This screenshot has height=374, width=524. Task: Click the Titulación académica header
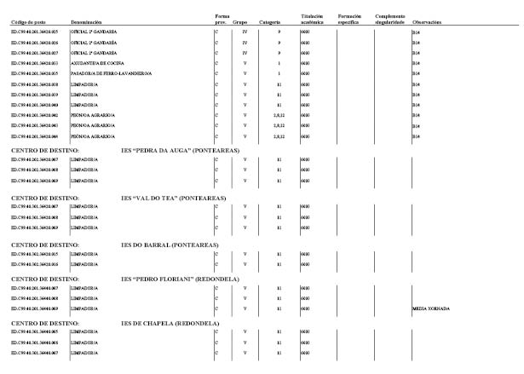(x=313, y=18)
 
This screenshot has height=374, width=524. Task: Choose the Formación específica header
(x=349, y=18)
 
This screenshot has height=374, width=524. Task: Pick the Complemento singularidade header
(x=389, y=18)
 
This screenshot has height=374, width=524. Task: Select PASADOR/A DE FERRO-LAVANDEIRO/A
(x=111, y=73)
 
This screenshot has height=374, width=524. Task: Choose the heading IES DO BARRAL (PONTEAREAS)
(x=170, y=245)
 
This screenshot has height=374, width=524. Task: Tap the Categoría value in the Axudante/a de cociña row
(x=279, y=62)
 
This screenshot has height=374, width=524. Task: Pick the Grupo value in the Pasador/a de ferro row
(x=245, y=73)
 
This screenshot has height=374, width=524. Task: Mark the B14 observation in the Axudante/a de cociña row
(x=416, y=62)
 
